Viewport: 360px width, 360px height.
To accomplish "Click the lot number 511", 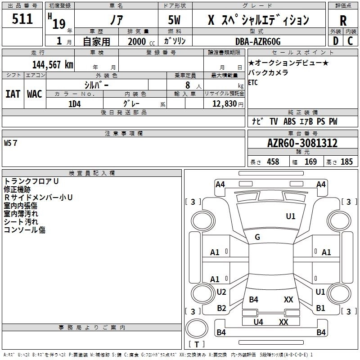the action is (x=22, y=19).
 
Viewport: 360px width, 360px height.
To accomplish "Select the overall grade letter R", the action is (x=343, y=21).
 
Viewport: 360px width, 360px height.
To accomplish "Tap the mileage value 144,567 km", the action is (x=53, y=65).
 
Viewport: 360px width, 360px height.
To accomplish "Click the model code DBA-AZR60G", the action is (x=258, y=41).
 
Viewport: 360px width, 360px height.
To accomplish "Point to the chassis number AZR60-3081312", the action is (x=302, y=143).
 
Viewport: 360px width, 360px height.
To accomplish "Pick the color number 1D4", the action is (x=75, y=104).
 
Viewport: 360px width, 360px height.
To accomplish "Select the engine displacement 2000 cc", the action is (x=141, y=42).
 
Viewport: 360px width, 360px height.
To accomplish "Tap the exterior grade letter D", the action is (x=336, y=41).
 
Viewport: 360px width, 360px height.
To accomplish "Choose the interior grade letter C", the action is (x=350, y=41).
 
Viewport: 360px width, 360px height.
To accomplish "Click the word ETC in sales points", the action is (x=253, y=82).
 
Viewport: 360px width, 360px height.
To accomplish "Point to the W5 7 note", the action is (x=10, y=143).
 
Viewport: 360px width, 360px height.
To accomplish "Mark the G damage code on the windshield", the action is (x=257, y=237).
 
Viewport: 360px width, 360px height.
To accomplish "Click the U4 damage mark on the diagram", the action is (x=258, y=322).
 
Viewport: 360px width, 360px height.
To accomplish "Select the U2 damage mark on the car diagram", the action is (x=221, y=292).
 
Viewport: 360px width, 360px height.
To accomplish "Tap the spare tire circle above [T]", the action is (x=197, y=328).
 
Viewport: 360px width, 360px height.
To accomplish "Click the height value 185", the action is (x=346, y=162).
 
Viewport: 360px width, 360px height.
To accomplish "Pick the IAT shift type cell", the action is (x=13, y=94).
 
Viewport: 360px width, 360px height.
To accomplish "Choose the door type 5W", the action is (x=174, y=20).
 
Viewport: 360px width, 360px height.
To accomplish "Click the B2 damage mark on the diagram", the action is (x=221, y=308).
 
